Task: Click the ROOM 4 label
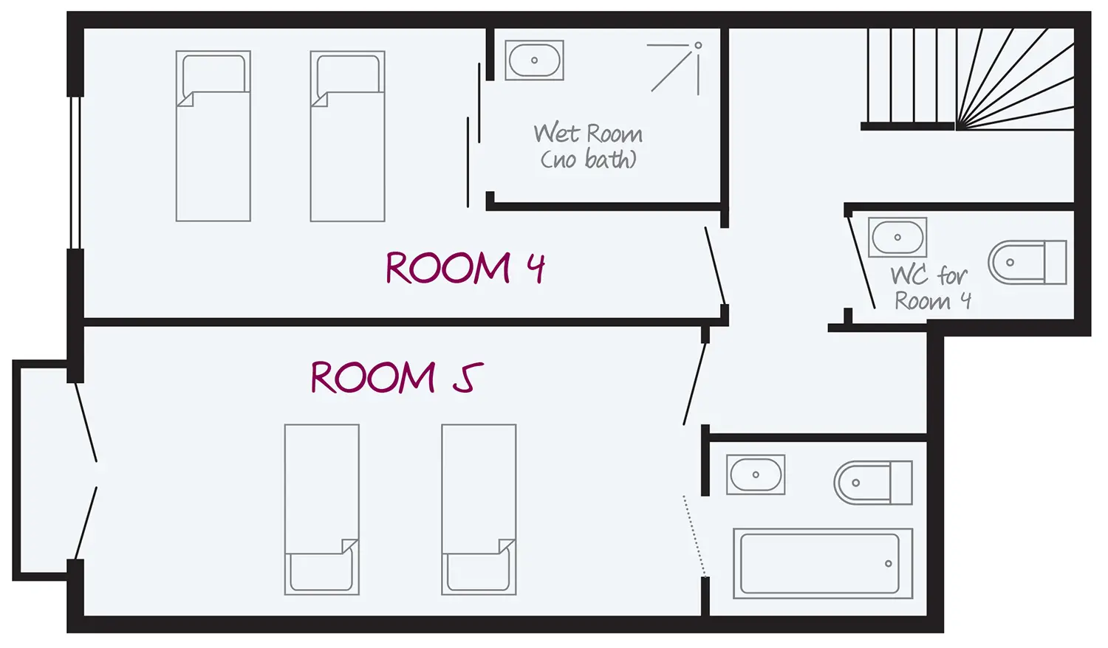[465, 267]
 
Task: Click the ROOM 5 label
[397, 377]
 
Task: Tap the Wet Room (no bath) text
[588, 146]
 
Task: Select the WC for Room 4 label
[931, 288]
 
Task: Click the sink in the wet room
[534, 60]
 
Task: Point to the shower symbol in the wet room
[677, 67]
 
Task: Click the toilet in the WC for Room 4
[1027, 262]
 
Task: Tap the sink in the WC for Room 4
[897, 237]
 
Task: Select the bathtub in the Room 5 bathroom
[822, 563]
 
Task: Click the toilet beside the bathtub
[873, 483]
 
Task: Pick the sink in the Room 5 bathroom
[756, 474]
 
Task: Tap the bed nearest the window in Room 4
[213, 136]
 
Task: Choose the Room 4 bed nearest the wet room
[347, 136]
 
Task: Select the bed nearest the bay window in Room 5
[321, 509]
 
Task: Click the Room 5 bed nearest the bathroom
[479, 509]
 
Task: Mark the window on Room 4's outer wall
[75, 172]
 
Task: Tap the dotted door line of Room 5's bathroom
[694, 535]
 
